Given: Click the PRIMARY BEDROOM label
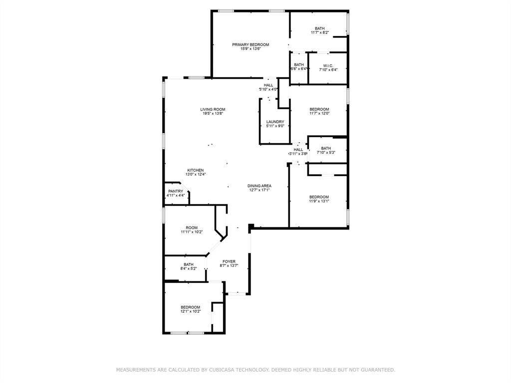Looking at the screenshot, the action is [251, 44].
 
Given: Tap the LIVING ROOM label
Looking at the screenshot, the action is [213, 109].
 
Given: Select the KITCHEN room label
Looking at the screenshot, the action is [196, 171].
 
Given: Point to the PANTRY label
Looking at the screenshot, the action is [176, 191].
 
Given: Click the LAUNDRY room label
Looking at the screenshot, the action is [275, 122].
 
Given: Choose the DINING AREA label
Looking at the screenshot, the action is [259, 186].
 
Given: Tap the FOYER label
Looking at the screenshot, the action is [229, 261].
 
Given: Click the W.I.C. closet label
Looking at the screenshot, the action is [328, 66].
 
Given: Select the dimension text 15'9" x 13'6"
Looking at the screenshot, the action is [251, 49].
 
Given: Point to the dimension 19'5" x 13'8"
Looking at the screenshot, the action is [213, 114].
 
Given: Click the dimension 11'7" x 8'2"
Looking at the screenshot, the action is [320, 32].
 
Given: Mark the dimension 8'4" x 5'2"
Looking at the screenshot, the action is [188, 269].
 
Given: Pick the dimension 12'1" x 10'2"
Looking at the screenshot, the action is [191, 311].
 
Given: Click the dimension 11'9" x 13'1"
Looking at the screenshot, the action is [319, 201].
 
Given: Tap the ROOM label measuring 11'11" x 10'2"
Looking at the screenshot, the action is [192, 227].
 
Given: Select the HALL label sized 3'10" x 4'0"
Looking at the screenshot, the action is [268, 85].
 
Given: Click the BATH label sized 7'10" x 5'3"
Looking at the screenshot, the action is [326, 148].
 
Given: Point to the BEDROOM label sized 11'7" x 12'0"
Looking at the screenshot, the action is [319, 109].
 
